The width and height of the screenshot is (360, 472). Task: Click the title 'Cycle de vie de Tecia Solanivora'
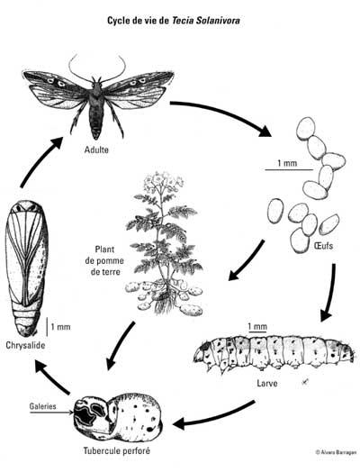pyautogui.click(x=174, y=21)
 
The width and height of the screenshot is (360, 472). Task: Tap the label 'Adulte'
pyautogui.click(x=96, y=150)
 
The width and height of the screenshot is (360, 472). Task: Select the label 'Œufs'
pyautogui.click(x=323, y=246)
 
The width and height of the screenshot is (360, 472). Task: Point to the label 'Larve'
pyautogui.click(x=267, y=383)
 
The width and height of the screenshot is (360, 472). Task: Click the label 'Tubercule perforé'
pyautogui.click(x=116, y=451)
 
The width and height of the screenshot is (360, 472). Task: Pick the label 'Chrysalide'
pyautogui.click(x=25, y=345)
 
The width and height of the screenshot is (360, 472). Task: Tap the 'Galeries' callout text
pyautogui.click(x=42, y=406)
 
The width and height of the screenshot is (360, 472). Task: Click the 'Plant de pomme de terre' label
pyautogui.click(x=104, y=260)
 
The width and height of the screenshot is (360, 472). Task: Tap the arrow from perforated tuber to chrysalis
pyautogui.click(x=51, y=377)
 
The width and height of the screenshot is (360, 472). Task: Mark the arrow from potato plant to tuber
pyautogui.click(x=121, y=345)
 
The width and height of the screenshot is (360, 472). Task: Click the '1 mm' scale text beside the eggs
pyautogui.click(x=287, y=163)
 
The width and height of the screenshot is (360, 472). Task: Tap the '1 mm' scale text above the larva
pyautogui.click(x=257, y=326)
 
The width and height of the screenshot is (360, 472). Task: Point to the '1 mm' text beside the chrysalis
pyautogui.click(x=60, y=327)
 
